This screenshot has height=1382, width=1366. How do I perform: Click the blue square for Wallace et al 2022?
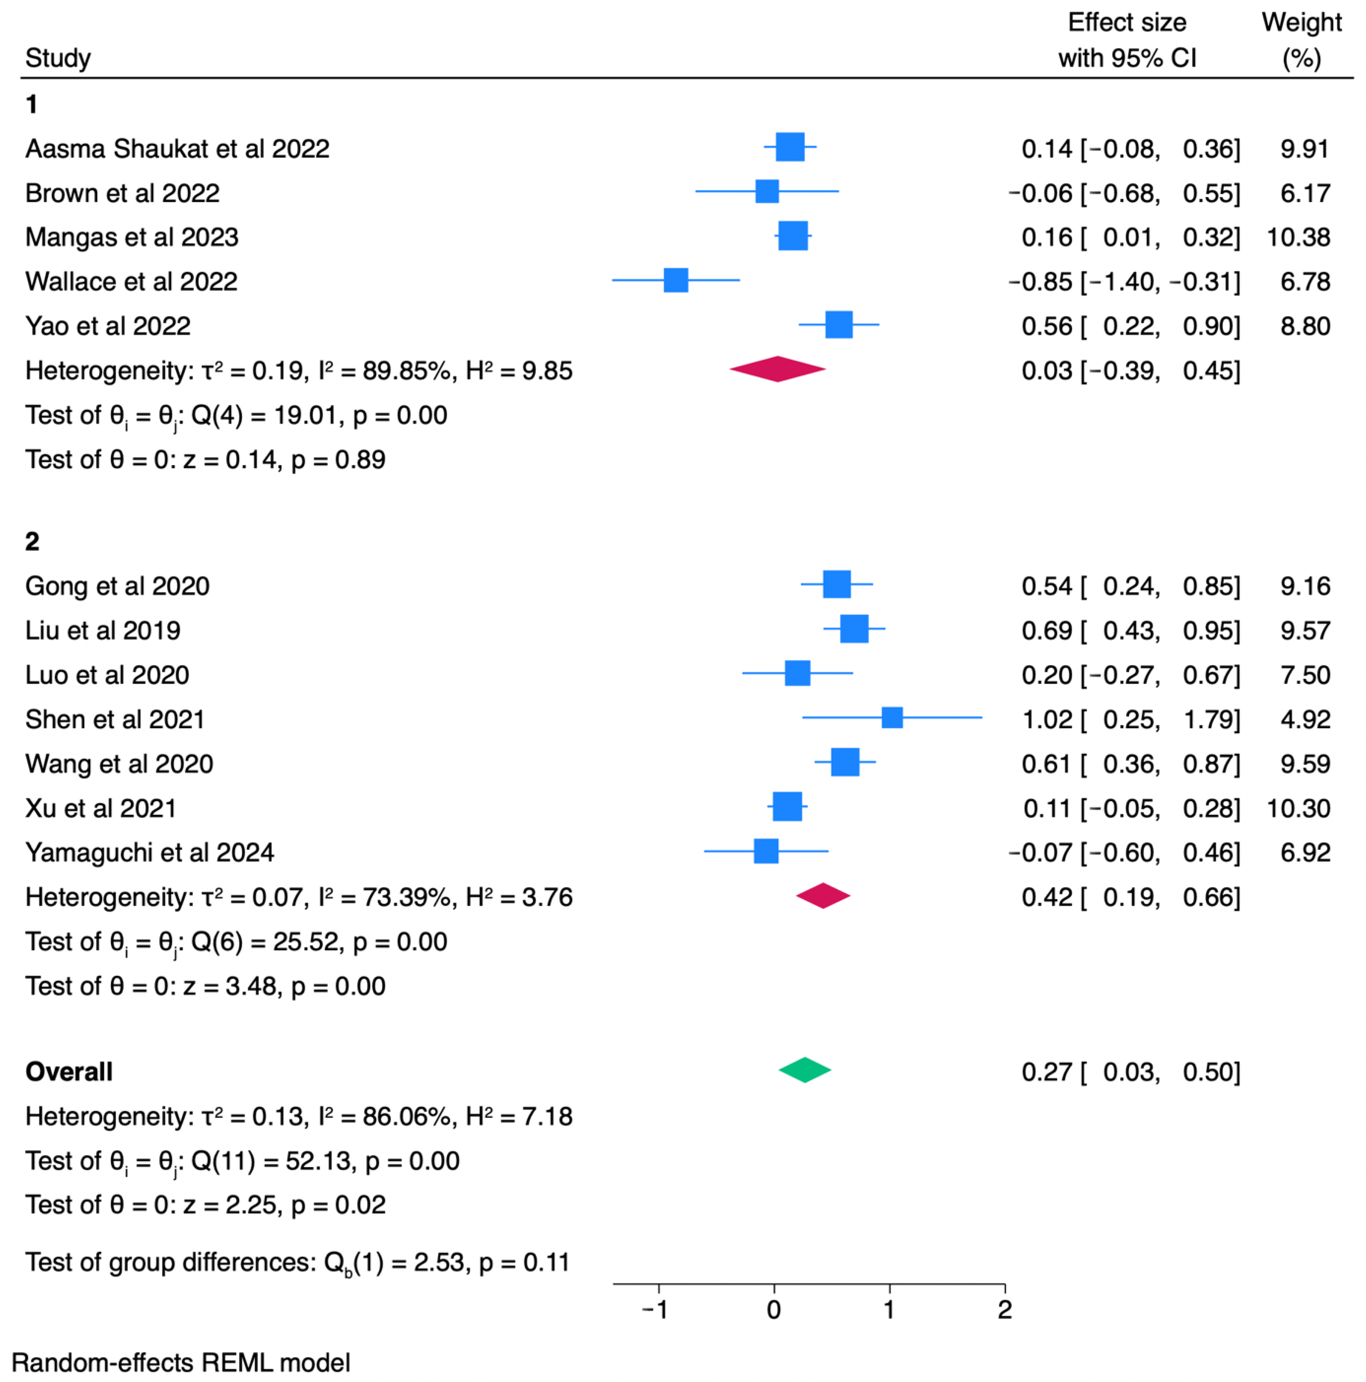(675, 280)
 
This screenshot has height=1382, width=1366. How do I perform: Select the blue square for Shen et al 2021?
(891, 718)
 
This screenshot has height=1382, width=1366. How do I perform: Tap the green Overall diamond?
(805, 1070)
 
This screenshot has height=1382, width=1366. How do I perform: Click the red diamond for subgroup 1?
(778, 369)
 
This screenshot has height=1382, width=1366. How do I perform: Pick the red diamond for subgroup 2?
(823, 896)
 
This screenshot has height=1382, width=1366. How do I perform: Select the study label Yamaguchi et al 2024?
(150, 853)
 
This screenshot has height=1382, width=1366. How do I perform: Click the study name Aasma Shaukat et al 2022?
(177, 149)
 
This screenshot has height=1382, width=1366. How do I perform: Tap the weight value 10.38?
(1298, 238)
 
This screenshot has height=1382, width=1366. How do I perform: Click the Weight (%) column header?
(1302, 40)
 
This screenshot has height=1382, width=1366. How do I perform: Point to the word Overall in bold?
(69, 1072)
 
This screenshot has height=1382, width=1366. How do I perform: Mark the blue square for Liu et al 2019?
(854, 629)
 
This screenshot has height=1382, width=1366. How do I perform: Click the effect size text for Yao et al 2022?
(1131, 326)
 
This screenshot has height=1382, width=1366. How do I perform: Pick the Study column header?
(58, 58)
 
